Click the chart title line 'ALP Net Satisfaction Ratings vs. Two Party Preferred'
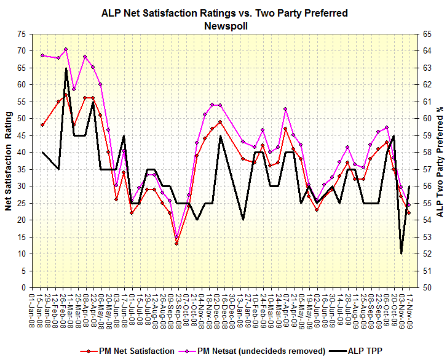[x=224, y=13]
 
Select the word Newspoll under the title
[x=224, y=25]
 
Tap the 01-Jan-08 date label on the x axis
[x=32, y=311]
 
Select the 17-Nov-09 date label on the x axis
[x=409, y=311]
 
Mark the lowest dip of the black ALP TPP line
[x=401, y=254]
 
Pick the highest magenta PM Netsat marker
[x=66, y=49]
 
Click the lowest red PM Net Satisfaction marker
[x=176, y=244]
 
